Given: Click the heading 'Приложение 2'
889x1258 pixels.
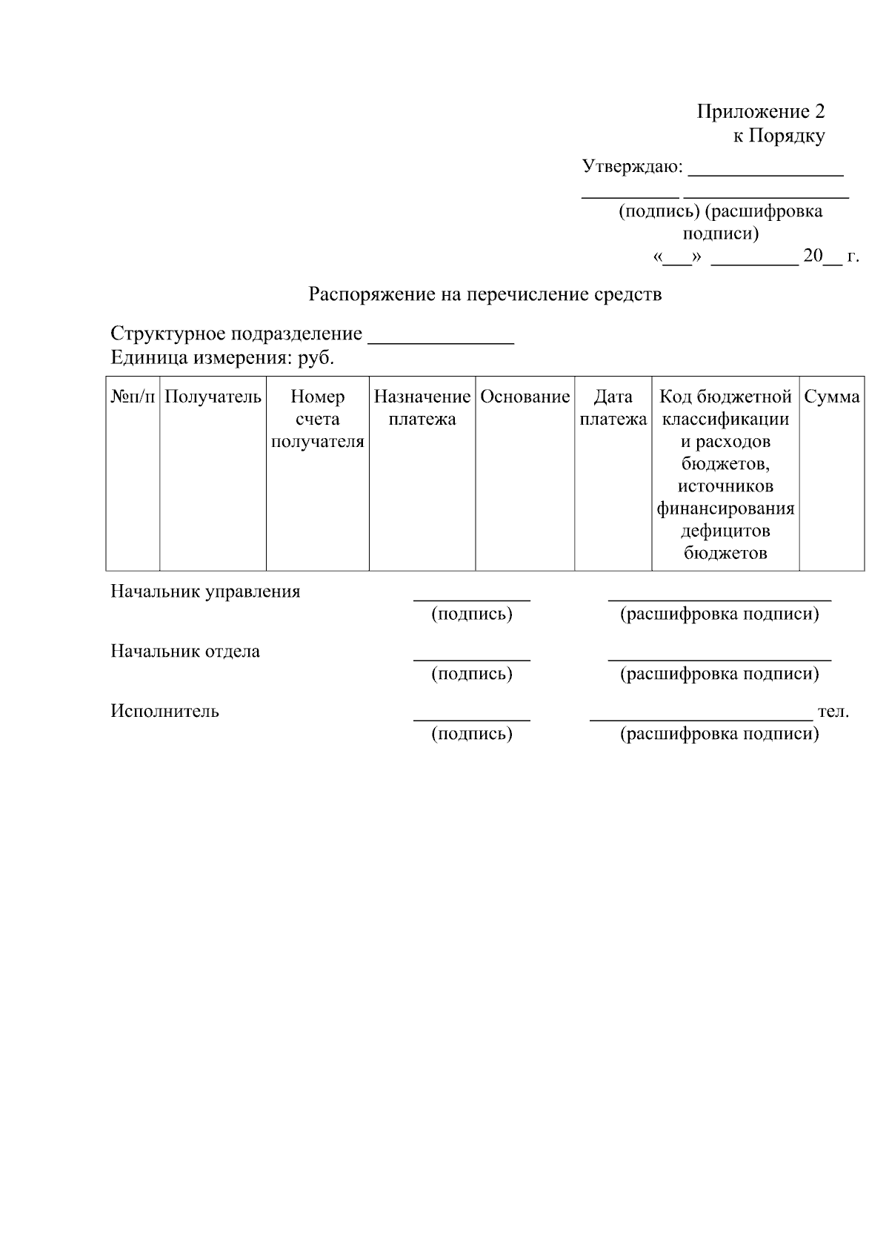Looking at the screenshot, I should (x=760, y=112).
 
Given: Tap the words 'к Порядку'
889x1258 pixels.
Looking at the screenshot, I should (x=778, y=136).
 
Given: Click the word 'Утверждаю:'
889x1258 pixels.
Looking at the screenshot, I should (x=632, y=166).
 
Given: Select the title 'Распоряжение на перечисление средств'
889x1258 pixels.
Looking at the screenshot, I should (x=485, y=294).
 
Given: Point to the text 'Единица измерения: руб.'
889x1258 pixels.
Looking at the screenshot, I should (x=222, y=358).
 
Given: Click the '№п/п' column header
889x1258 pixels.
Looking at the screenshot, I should (x=133, y=397).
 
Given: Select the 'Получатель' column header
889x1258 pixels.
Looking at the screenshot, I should (x=213, y=397).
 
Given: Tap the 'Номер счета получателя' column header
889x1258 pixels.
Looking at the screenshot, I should (x=317, y=419).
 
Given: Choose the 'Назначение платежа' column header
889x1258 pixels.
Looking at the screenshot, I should (x=422, y=408).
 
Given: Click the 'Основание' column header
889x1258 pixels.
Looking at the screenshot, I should (x=525, y=397).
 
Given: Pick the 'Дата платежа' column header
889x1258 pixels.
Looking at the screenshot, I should (x=613, y=408).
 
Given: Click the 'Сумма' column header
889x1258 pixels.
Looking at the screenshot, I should (x=831, y=397).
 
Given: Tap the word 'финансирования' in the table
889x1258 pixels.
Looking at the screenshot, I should (x=725, y=509).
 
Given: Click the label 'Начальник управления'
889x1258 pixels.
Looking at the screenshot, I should (x=205, y=592).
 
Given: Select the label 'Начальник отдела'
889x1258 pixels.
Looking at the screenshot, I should (x=185, y=652).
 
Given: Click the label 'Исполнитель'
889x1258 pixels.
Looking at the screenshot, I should (x=164, y=711).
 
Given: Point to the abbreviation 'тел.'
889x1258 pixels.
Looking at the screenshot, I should (x=833, y=712).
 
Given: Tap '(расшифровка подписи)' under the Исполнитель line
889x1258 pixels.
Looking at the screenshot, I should (x=719, y=734).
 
